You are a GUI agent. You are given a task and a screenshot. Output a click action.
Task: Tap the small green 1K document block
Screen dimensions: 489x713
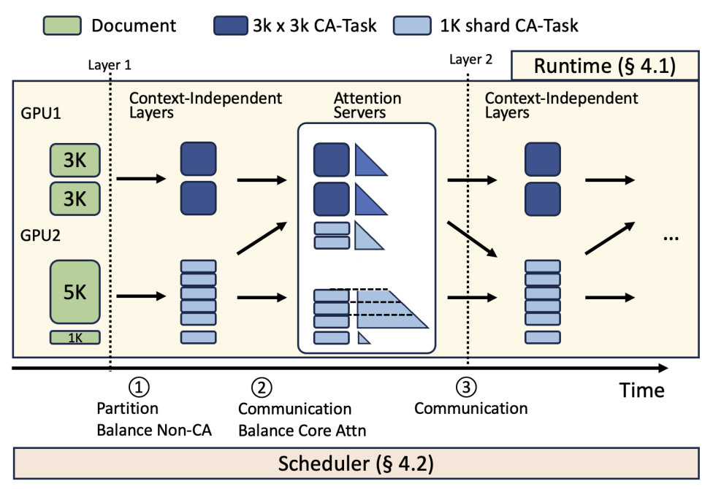[x=75, y=337]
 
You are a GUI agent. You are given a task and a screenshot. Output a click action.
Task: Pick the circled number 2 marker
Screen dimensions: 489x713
[x=261, y=385]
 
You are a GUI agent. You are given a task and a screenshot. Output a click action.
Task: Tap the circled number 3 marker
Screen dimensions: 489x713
[x=466, y=385]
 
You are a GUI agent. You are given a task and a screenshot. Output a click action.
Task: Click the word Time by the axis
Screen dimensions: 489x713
[x=641, y=390]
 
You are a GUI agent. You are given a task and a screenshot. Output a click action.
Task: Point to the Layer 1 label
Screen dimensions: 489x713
[x=109, y=64]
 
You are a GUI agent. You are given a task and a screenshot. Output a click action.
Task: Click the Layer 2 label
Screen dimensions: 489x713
[x=469, y=59]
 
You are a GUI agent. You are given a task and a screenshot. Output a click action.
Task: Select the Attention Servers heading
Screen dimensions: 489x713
[x=367, y=105]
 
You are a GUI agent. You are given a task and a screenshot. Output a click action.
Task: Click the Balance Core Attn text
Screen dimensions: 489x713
[x=302, y=430]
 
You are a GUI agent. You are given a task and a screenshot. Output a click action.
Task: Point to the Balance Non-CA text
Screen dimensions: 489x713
[x=153, y=429]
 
